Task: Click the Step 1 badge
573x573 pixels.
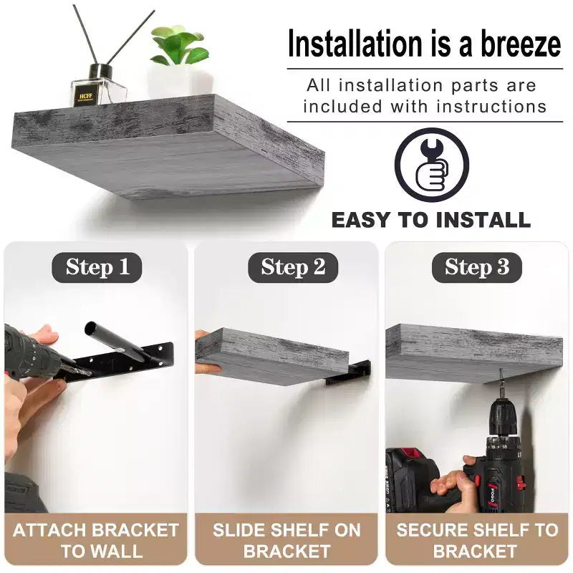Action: point(97,267)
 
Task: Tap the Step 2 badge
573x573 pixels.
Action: point(293,267)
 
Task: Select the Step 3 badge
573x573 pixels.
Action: point(476,267)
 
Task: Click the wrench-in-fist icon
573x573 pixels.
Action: point(432,165)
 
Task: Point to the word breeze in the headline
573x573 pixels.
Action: point(521,44)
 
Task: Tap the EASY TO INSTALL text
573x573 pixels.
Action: point(431,220)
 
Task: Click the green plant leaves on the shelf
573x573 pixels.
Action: point(180,45)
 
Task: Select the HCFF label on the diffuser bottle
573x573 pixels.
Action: point(85,97)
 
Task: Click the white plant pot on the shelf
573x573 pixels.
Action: point(180,82)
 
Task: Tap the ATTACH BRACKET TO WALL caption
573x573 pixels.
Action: point(96,540)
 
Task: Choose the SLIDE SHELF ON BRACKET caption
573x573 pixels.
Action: point(286,540)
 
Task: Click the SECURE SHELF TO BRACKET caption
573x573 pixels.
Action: point(477,540)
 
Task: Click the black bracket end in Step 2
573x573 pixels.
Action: point(348,372)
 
